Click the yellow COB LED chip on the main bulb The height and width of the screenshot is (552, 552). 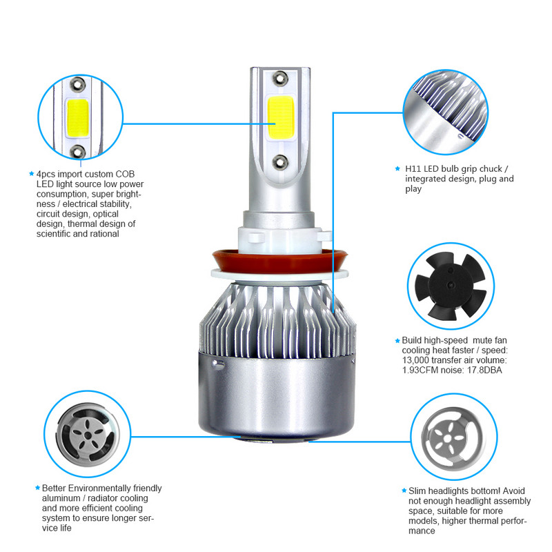(279, 115)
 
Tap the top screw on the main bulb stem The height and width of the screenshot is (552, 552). (279, 75)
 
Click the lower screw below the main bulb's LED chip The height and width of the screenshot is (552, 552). (279, 161)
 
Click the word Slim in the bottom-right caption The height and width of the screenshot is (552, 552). (415, 491)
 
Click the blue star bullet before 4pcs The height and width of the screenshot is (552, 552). (31, 174)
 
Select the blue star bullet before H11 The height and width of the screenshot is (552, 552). (397, 168)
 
